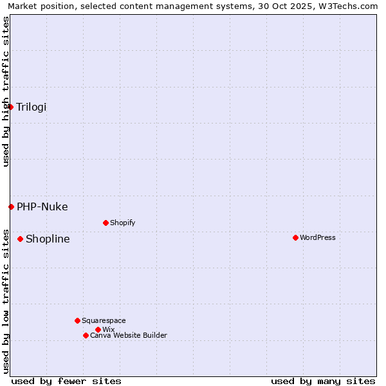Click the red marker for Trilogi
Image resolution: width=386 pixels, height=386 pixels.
(x=11, y=107)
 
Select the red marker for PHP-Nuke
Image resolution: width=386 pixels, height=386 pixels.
(x=11, y=207)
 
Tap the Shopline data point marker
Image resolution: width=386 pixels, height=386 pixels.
(x=20, y=239)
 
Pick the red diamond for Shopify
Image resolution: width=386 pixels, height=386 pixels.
(x=106, y=223)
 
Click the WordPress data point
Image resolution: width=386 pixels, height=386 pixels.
(x=295, y=237)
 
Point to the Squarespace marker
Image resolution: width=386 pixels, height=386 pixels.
(x=77, y=320)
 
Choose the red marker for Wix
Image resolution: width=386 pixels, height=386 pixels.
(x=98, y=329)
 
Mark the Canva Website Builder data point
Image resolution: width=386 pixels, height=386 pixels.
(x=86, y=335)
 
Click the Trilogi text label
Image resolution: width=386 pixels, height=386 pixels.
(x=32, y=107)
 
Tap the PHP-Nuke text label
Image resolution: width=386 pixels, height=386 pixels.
(x=42, y=207)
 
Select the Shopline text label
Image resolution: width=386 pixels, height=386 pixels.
(x=48, y=239)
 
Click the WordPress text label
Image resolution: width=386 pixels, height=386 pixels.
(x=318, y=237)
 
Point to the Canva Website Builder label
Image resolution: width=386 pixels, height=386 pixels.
(x=129, y=335)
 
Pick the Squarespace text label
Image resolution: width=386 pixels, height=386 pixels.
(x=104, y=320)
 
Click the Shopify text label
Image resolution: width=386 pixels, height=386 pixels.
(x=123, y=223)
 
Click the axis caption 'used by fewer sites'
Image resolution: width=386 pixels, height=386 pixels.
(x=66, y=381)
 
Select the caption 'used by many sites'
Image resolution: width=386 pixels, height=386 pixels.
(x=323, y=381)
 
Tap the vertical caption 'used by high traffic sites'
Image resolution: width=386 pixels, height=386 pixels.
(x=6, y=91)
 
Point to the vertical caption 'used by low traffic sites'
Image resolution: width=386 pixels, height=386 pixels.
(x=6, y=300)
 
